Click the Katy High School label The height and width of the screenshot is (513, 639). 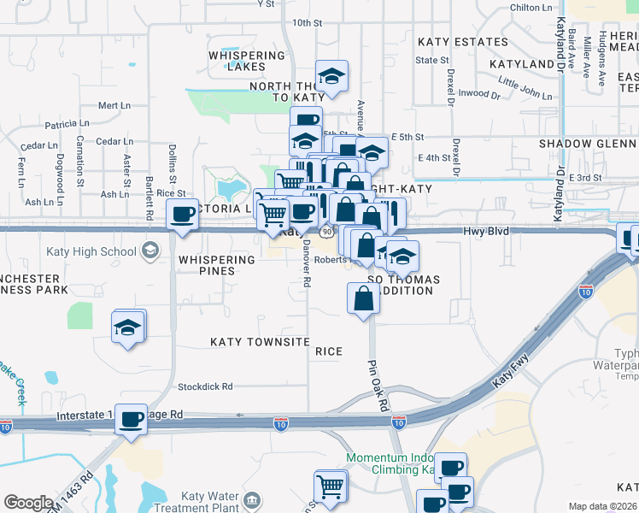point(94,251)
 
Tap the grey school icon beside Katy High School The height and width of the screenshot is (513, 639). point(150,251)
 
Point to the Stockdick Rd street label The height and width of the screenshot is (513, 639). point(205,386)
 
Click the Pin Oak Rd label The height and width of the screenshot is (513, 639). point(378,385)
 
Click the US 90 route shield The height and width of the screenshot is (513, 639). point(326,232)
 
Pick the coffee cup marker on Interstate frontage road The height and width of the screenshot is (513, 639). point(132,420)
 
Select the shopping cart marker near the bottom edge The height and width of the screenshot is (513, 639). point(330,486)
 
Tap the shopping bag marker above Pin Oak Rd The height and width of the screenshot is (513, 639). point(363,298)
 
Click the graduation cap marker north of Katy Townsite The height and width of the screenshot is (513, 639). point(129,327)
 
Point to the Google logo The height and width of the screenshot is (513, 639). point(28,503)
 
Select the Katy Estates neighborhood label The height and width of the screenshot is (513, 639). point(463,42)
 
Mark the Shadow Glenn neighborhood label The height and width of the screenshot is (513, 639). point(588,143)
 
